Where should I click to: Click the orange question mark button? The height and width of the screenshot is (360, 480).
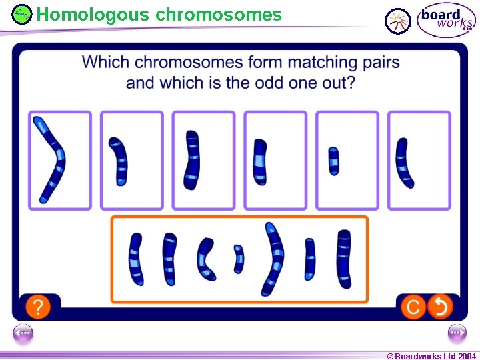tap(39, 307)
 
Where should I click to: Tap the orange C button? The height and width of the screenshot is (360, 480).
tap(413, 307)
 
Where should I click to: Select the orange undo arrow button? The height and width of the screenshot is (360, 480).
tap(441, 307)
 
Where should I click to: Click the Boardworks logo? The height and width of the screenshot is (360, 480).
tap(445, 19)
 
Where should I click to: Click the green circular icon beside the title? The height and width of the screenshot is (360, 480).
tap(22, 14)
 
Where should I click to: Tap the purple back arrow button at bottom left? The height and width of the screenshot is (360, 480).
tap(23, 333)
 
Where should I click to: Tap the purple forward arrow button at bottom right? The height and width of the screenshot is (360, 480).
tap(457, 333)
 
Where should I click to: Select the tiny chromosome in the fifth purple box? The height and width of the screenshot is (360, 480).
tap(333, 161)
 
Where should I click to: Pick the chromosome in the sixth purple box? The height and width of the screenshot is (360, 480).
tap(404, 163)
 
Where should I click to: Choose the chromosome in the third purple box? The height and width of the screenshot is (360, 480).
tap(193, 161)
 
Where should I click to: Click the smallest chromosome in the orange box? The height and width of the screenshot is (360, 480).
tap(239, 259)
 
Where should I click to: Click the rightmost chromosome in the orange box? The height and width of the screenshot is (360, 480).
tap(344, 259)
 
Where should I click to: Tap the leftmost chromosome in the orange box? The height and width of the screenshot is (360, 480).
tap(136, 259)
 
